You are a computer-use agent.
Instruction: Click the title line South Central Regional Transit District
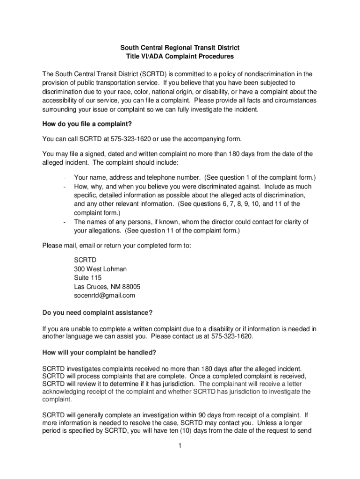180,48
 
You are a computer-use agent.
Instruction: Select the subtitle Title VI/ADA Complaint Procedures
180,57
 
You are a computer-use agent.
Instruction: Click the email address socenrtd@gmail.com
104,295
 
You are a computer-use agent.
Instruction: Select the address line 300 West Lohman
100,269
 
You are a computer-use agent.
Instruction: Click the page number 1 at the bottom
180,445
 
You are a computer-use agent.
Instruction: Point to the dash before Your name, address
63,178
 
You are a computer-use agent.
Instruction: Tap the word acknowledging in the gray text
64,392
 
